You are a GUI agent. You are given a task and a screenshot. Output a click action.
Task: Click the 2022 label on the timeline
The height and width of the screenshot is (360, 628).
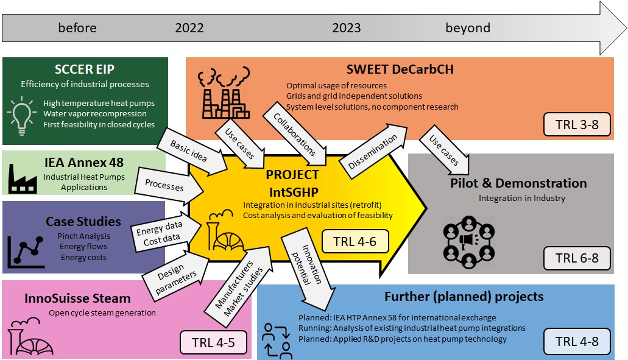pyautogui.click(x=189, y=28)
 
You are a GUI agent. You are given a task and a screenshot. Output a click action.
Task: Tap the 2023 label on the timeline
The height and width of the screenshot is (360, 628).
pyautogui.click(x=347, y=28)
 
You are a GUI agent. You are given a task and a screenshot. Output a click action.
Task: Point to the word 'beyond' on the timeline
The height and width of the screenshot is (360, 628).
pyautogui.click(x=468, y=28)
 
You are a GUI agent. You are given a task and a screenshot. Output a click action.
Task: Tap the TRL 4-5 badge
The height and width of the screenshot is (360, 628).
pyautogui.click(x=214, y=342)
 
